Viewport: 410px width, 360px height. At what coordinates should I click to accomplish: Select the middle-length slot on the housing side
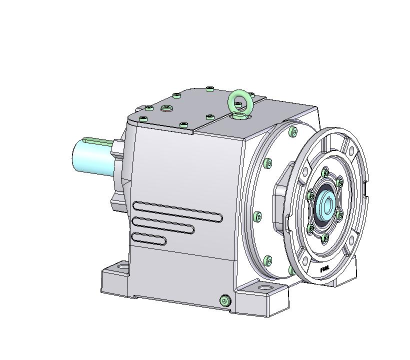[162, 225]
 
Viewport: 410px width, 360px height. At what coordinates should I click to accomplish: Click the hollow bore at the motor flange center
[327, 205]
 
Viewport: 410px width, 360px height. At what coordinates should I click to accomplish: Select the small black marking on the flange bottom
[324, 269]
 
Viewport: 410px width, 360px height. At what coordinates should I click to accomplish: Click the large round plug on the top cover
[166, 108]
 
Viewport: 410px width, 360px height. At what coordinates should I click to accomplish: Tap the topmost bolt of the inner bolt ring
[325, 173]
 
